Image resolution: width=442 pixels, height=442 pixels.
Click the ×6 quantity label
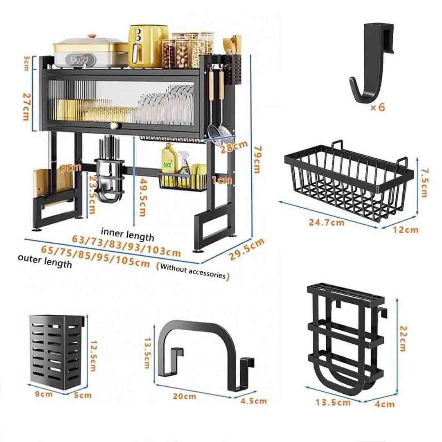click(x=377, y=107)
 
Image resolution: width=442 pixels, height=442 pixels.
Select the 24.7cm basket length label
click(x=327, y=222)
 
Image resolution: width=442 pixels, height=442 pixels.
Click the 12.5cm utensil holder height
click(x=93, y=356)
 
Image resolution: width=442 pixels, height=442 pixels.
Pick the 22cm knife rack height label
click(x=403, y=339)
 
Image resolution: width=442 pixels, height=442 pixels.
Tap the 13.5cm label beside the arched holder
click(x=147, y=353)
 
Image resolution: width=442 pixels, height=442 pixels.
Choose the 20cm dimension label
click(x=184, y=396)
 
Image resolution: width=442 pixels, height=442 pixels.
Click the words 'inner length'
click(x=127, y=235)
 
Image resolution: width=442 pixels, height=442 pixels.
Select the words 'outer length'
click(x=45, y=261)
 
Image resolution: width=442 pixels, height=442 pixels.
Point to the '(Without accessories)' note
click(x=193, y=271)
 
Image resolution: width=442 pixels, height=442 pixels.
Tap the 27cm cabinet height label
click(x=26, y=106)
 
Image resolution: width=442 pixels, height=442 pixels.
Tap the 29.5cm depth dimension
click(x=246, y=249)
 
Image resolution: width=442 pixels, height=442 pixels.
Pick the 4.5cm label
click(x=253, y=401)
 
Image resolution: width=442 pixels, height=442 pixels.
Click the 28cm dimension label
click(x=234, y=147)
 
